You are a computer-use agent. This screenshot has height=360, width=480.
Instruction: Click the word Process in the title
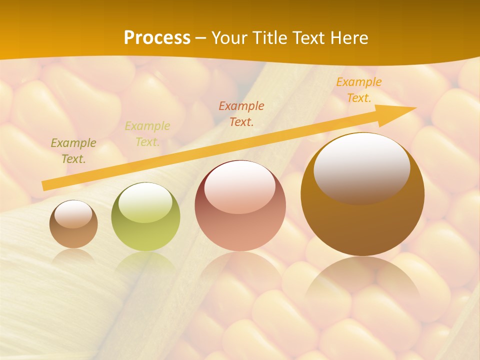[157, 38]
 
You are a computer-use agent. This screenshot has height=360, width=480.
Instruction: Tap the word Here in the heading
[348, 38]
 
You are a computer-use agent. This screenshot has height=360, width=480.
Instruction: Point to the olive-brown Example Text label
[73, 151]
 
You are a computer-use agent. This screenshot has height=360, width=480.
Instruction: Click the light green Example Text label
[147, 134]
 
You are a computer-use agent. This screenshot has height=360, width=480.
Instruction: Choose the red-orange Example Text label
[241, 113]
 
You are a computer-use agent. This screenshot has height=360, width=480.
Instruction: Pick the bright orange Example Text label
[359, 90]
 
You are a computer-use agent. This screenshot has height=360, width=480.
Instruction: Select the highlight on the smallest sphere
[73, 214]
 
